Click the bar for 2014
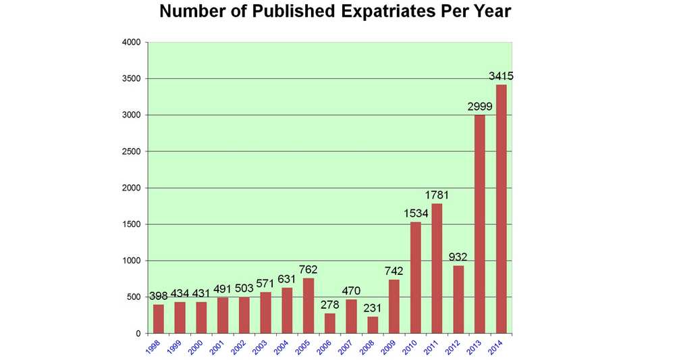coord(502,209)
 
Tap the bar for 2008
coord(373,325)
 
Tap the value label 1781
coord(437,196)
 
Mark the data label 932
coord(459,257)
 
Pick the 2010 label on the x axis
coord(410,346)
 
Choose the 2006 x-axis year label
coord(325,346)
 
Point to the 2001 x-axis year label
coord(218,346)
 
